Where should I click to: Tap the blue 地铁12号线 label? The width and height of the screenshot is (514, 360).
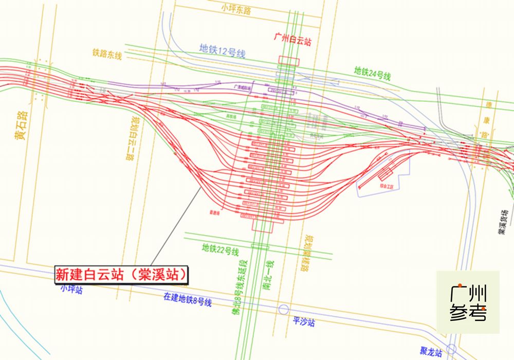(x=223, y=49)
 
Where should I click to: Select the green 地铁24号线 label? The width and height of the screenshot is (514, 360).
(x=373, y=74)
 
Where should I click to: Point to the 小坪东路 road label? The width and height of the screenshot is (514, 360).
(x=236, y=9)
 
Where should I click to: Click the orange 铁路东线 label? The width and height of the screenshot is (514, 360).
(x=107, y=53)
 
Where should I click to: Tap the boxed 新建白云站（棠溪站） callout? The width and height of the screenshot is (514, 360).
(x=121, y=274)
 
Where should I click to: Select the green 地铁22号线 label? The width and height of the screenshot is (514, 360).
(x=221, y=249)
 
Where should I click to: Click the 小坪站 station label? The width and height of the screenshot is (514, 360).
(x=71, y=289)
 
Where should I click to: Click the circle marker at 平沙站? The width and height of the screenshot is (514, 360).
(x=283, y=309)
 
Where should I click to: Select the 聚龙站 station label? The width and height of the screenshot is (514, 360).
(x=430, y=352)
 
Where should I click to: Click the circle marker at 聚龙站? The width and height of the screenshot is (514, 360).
(x=451, y=349)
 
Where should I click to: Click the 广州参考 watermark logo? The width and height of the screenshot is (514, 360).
(x=468, y=302)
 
